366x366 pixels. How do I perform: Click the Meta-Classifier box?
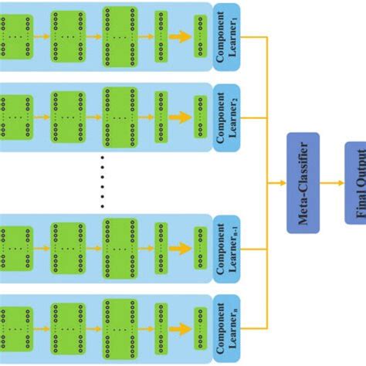[303, 182]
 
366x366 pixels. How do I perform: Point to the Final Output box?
[356, 182]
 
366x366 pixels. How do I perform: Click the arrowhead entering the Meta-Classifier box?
[282, 182]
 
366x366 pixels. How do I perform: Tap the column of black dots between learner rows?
[103, 183]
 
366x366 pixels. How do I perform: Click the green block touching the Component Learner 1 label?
[201, 36]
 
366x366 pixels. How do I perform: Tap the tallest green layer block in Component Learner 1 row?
[119, 36]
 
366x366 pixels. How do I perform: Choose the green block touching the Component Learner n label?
[201, 326]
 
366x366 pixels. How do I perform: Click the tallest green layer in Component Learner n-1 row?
[119, 249]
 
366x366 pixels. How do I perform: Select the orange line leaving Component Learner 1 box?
[253, 36]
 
